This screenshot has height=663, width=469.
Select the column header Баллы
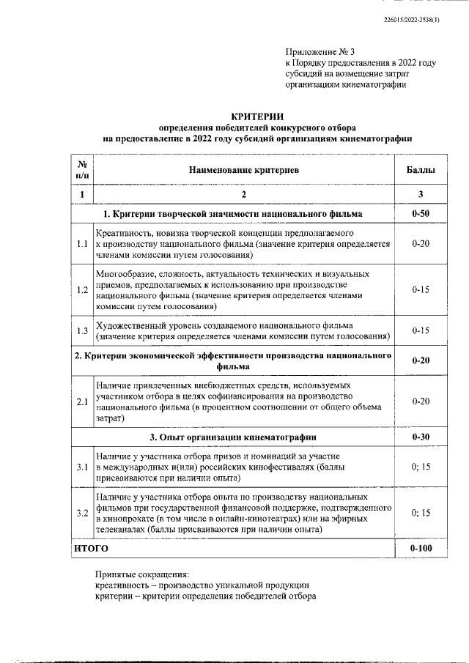421,170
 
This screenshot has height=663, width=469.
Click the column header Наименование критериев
245,170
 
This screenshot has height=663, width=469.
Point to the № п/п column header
82,170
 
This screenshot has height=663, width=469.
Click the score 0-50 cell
421,215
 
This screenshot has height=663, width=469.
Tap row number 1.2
82,290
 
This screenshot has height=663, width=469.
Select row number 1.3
82,330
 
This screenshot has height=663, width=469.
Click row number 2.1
82,401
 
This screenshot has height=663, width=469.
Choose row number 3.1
82,467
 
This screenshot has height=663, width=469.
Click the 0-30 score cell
421,437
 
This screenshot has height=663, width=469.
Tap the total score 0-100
421,548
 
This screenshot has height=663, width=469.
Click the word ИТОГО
91,548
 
